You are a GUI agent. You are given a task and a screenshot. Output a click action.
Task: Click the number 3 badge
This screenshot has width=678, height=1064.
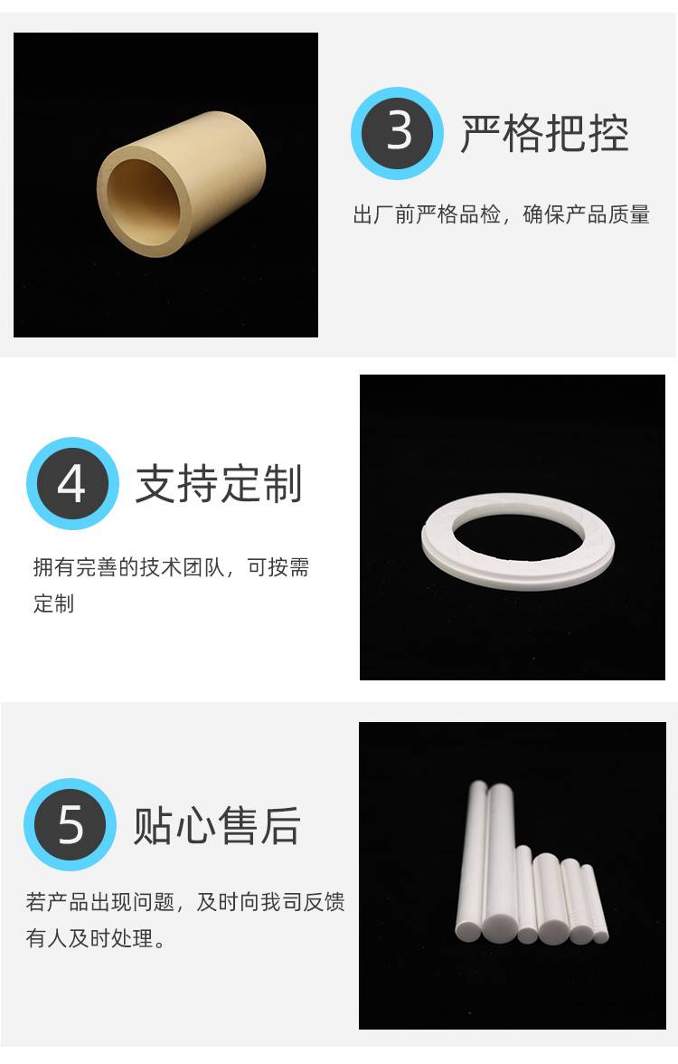point(398,133)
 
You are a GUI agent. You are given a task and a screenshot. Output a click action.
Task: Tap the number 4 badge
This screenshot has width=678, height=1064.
point(72,483)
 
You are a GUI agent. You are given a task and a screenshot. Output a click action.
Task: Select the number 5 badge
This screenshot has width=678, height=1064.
point(70,824)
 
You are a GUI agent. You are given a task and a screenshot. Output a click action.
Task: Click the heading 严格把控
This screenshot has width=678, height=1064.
point(545,133)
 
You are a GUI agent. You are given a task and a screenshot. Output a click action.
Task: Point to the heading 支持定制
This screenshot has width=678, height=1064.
point(219,484)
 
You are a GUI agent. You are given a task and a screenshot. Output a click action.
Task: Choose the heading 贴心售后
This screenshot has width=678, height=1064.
point(217,825)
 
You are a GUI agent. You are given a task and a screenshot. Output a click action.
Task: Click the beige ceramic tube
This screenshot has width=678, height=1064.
point(181,184)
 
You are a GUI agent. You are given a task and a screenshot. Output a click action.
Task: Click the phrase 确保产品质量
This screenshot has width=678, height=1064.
point(587,214)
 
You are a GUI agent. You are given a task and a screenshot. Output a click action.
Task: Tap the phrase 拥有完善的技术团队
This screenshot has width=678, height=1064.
point(128,566)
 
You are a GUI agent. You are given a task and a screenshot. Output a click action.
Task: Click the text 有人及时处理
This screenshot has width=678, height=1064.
point(90,938)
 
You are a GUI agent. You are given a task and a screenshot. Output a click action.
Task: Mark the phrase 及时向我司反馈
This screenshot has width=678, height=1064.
point(270,902)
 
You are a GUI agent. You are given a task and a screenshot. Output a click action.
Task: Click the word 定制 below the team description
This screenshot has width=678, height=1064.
point(53,603)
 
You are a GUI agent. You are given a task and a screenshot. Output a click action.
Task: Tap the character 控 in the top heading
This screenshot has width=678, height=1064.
point(609,134)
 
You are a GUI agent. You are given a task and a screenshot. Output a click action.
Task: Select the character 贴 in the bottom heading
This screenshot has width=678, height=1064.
point(154,826)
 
